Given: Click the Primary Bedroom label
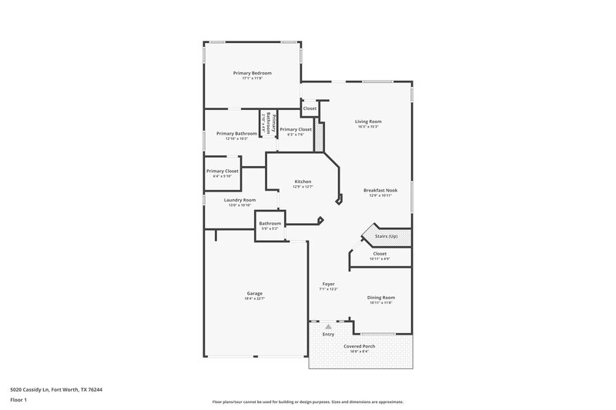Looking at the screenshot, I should pyautogui.click(x=253, y=73).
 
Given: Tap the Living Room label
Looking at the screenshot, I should pyautogui.click(x=368, y=122).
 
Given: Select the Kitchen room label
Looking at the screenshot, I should pyautogui.click(x=303, y=182).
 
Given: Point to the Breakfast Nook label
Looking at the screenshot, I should pyautogui.click(x=380, y=190).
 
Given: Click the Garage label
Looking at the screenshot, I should pyautogui.click(x=255, y=294).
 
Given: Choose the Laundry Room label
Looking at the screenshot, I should pyautogui.click(x=239, y=200).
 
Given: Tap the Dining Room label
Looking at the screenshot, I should pyautogui.click(x=380, y=298).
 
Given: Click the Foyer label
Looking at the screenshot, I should pyautogui.click(x=328, y=284).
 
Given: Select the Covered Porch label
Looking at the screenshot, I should pyautogui.click(x=359, y=346).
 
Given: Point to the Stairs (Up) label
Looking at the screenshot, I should pyautogui.click(x=386, y=235).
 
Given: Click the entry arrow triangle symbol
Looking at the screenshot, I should pyautogui.click(x=328, y=327).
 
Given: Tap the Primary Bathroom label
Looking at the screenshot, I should pyautogui.click(x=236, y=133).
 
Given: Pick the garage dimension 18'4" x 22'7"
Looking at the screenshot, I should pyautogui.click(x=255, y=299).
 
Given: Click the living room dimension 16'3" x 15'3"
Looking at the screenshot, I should pyautogui.click(x=368, y=127).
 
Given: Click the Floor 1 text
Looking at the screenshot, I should pyautogui.click(x=17, y=401).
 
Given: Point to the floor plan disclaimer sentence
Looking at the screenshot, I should pyautogui.click(x=308, y=402).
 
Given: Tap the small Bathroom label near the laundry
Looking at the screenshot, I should pyautogui.click(x=270, y=224).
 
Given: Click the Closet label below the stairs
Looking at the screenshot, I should pyautogui.click(x=380, y=253).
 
